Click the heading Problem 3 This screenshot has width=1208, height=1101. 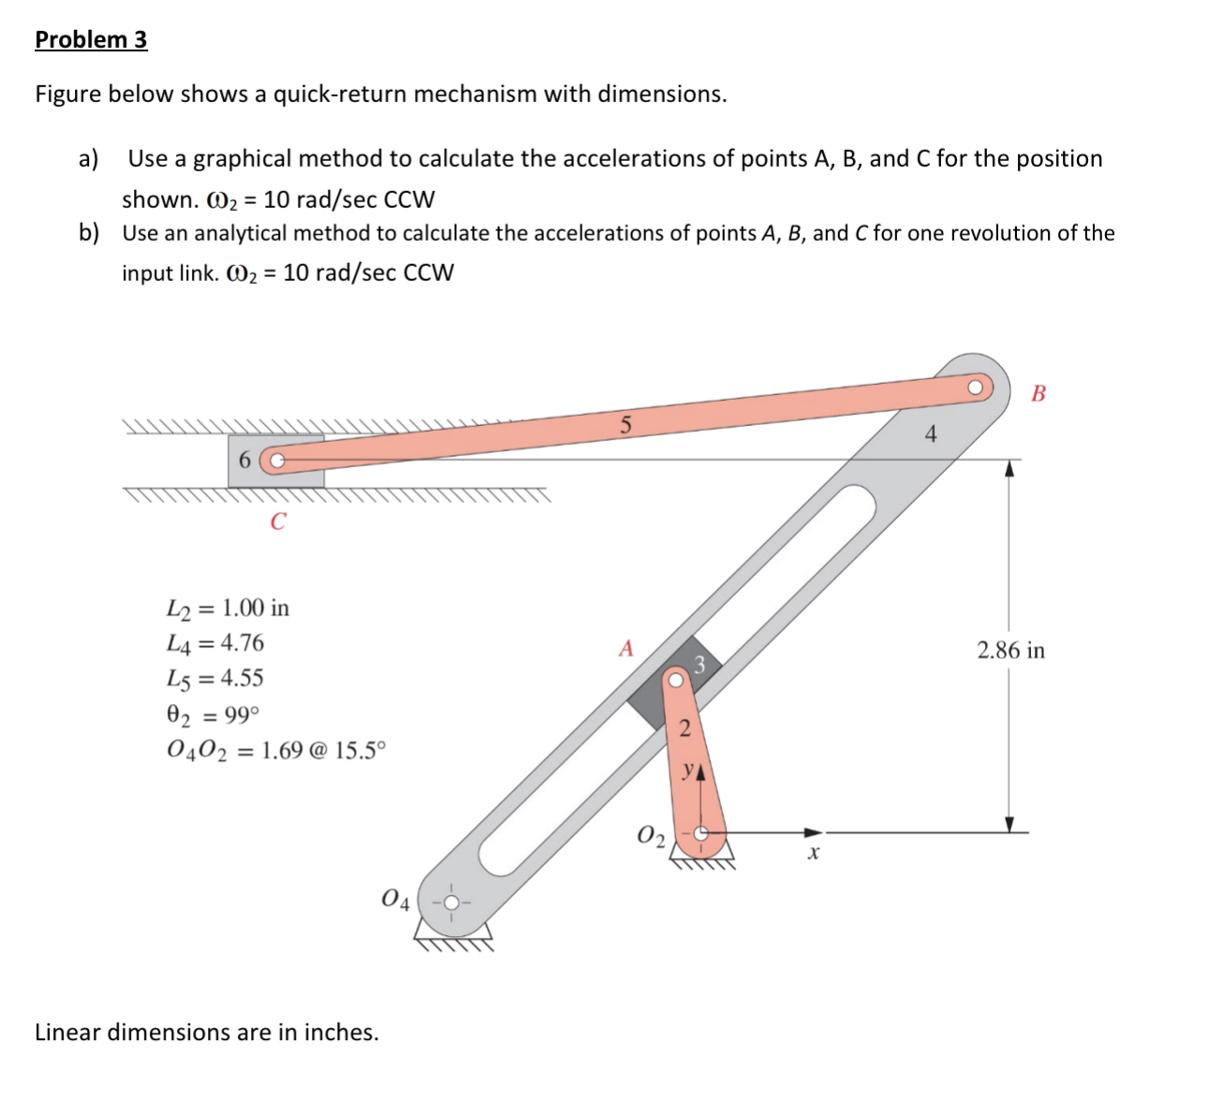click(91, 39)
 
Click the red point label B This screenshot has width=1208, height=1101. click(1038, 392)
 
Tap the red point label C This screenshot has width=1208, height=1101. click(277, 521)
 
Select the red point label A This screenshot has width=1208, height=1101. click(626, 648)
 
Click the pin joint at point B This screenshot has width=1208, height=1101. click(976, 387)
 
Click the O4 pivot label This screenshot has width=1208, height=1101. click(395, 901)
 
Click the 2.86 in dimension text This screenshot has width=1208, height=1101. click(1010, 650)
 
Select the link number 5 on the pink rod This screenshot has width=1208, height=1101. click(626, 424)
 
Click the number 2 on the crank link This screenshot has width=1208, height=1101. click(685, 727)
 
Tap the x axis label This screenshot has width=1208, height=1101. click(813, 853)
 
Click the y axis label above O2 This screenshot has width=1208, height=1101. click(689, 770)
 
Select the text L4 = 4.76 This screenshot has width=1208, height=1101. click(214, 643)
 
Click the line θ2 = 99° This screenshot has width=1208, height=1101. click(213, 715)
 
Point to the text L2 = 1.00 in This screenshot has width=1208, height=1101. click(228, 609)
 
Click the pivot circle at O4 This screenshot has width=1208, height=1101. click(451, 903)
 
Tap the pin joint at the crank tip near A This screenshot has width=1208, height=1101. click(675, 681)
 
